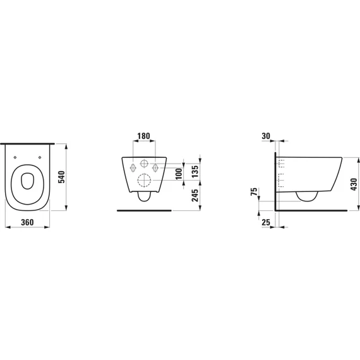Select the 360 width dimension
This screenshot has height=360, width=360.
pyautogui.click(x=27, y=222)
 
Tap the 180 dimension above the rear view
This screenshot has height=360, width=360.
pyautogui.click(x=144, y=136)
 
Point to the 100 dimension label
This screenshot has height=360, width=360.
pyautogui.click(x=179, y=173)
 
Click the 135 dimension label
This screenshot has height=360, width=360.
pyautogui.click(x=195, y=171)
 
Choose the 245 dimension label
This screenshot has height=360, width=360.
pyautogui.click(x=195, y=195)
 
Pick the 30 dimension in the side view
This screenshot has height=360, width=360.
pyautogui.click(x=266, y=136)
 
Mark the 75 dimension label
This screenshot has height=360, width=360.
pyautogui.click(x=255, y=192)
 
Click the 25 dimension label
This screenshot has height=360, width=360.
pyautogui.click(x=266, y=222)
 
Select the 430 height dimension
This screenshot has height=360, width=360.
pyautogui.click(x=354, y=184)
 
